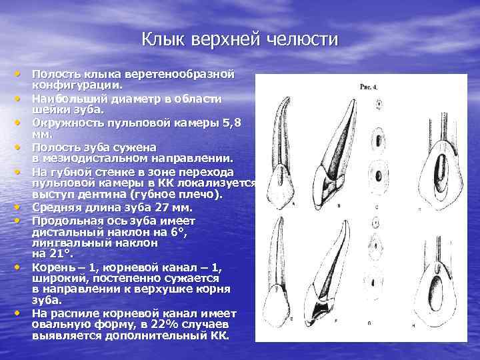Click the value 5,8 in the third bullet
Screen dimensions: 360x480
[x=226, y=123]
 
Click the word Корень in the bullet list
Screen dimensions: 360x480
[x=52, y=267]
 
